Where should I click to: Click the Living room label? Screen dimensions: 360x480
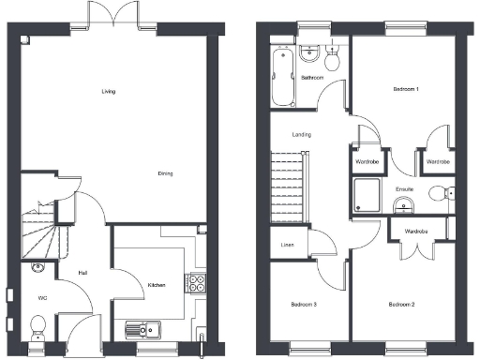pos(109,91)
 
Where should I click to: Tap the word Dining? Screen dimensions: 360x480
pos(165,173)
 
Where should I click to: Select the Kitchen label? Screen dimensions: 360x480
pos(157,284)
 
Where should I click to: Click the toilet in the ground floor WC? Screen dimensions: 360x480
pos(37,328)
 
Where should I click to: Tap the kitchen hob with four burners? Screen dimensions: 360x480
pos(197,280)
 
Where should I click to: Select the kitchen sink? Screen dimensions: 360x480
pos(142,329)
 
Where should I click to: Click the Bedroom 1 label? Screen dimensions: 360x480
pos(405,88)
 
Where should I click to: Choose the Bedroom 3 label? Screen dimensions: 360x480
pos(303,305)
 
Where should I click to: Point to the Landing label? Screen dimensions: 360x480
pos(302,134)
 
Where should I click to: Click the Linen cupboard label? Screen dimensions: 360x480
pos(290,246)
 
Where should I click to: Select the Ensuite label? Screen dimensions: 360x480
pos(405,188)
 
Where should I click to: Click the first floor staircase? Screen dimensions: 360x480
pos(289,188)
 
